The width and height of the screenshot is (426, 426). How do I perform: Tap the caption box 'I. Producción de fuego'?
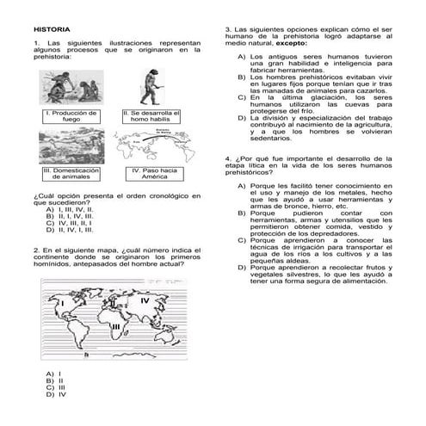click(x=71, y=115)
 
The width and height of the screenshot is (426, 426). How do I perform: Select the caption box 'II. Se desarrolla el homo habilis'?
click(x=151, y=115)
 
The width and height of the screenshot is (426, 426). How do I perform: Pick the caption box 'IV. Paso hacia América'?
click(x=154, y=174)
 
